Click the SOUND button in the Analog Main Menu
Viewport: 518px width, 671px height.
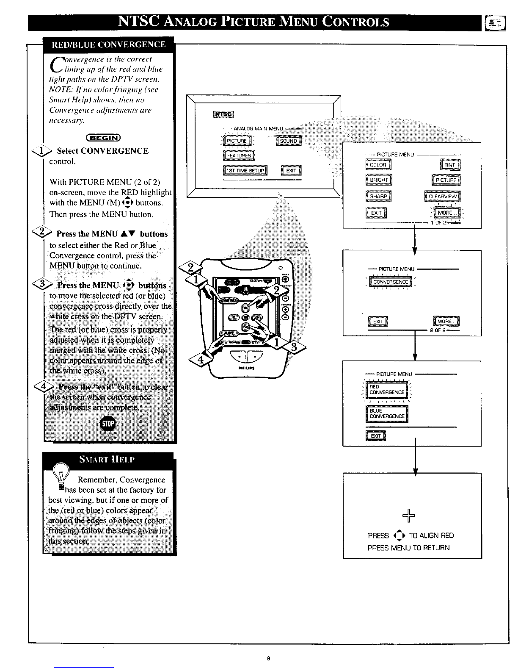(288, 141)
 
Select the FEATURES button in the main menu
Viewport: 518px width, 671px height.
(239, 155)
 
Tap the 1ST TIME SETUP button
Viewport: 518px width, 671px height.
(245, 171)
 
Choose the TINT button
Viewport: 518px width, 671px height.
(450, 165)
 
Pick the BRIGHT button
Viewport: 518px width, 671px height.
(378, 180)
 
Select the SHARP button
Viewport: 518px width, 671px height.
(378, 196)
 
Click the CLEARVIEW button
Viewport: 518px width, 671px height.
(442, 196)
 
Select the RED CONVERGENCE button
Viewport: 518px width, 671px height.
(386, 390)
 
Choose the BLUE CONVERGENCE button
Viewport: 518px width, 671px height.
(386, 413)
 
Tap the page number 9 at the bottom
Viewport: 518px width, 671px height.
(268, 658)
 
